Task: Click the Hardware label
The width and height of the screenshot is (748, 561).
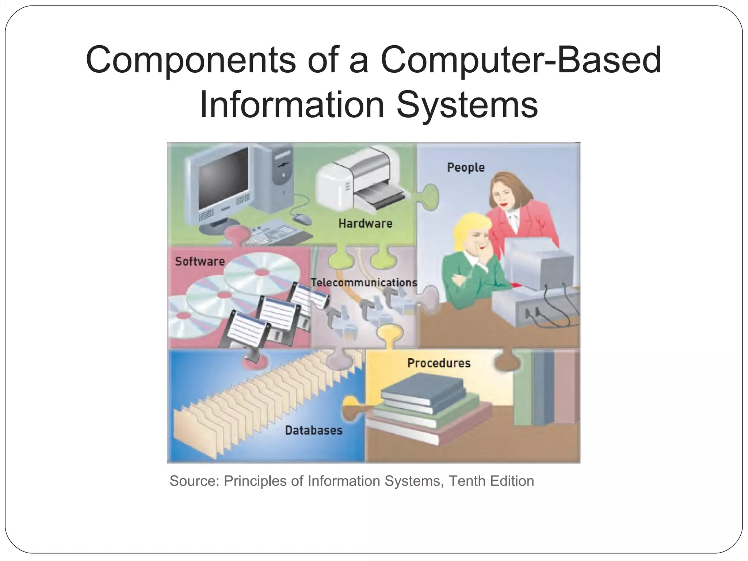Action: [365, 223]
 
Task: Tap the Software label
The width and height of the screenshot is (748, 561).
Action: [200, 262]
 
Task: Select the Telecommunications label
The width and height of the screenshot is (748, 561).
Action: [364, 282]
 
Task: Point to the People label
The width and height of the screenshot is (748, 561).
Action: [466, 167]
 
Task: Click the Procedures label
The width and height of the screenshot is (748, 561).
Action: [439, 363]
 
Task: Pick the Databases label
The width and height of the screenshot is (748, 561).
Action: [313, 430]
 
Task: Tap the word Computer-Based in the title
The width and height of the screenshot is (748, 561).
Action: [520, 60]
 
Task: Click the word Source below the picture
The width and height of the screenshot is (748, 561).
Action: [194, 481]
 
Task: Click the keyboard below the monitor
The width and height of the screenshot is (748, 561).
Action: [270, 234]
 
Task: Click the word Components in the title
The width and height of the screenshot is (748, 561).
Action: [190, 60]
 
